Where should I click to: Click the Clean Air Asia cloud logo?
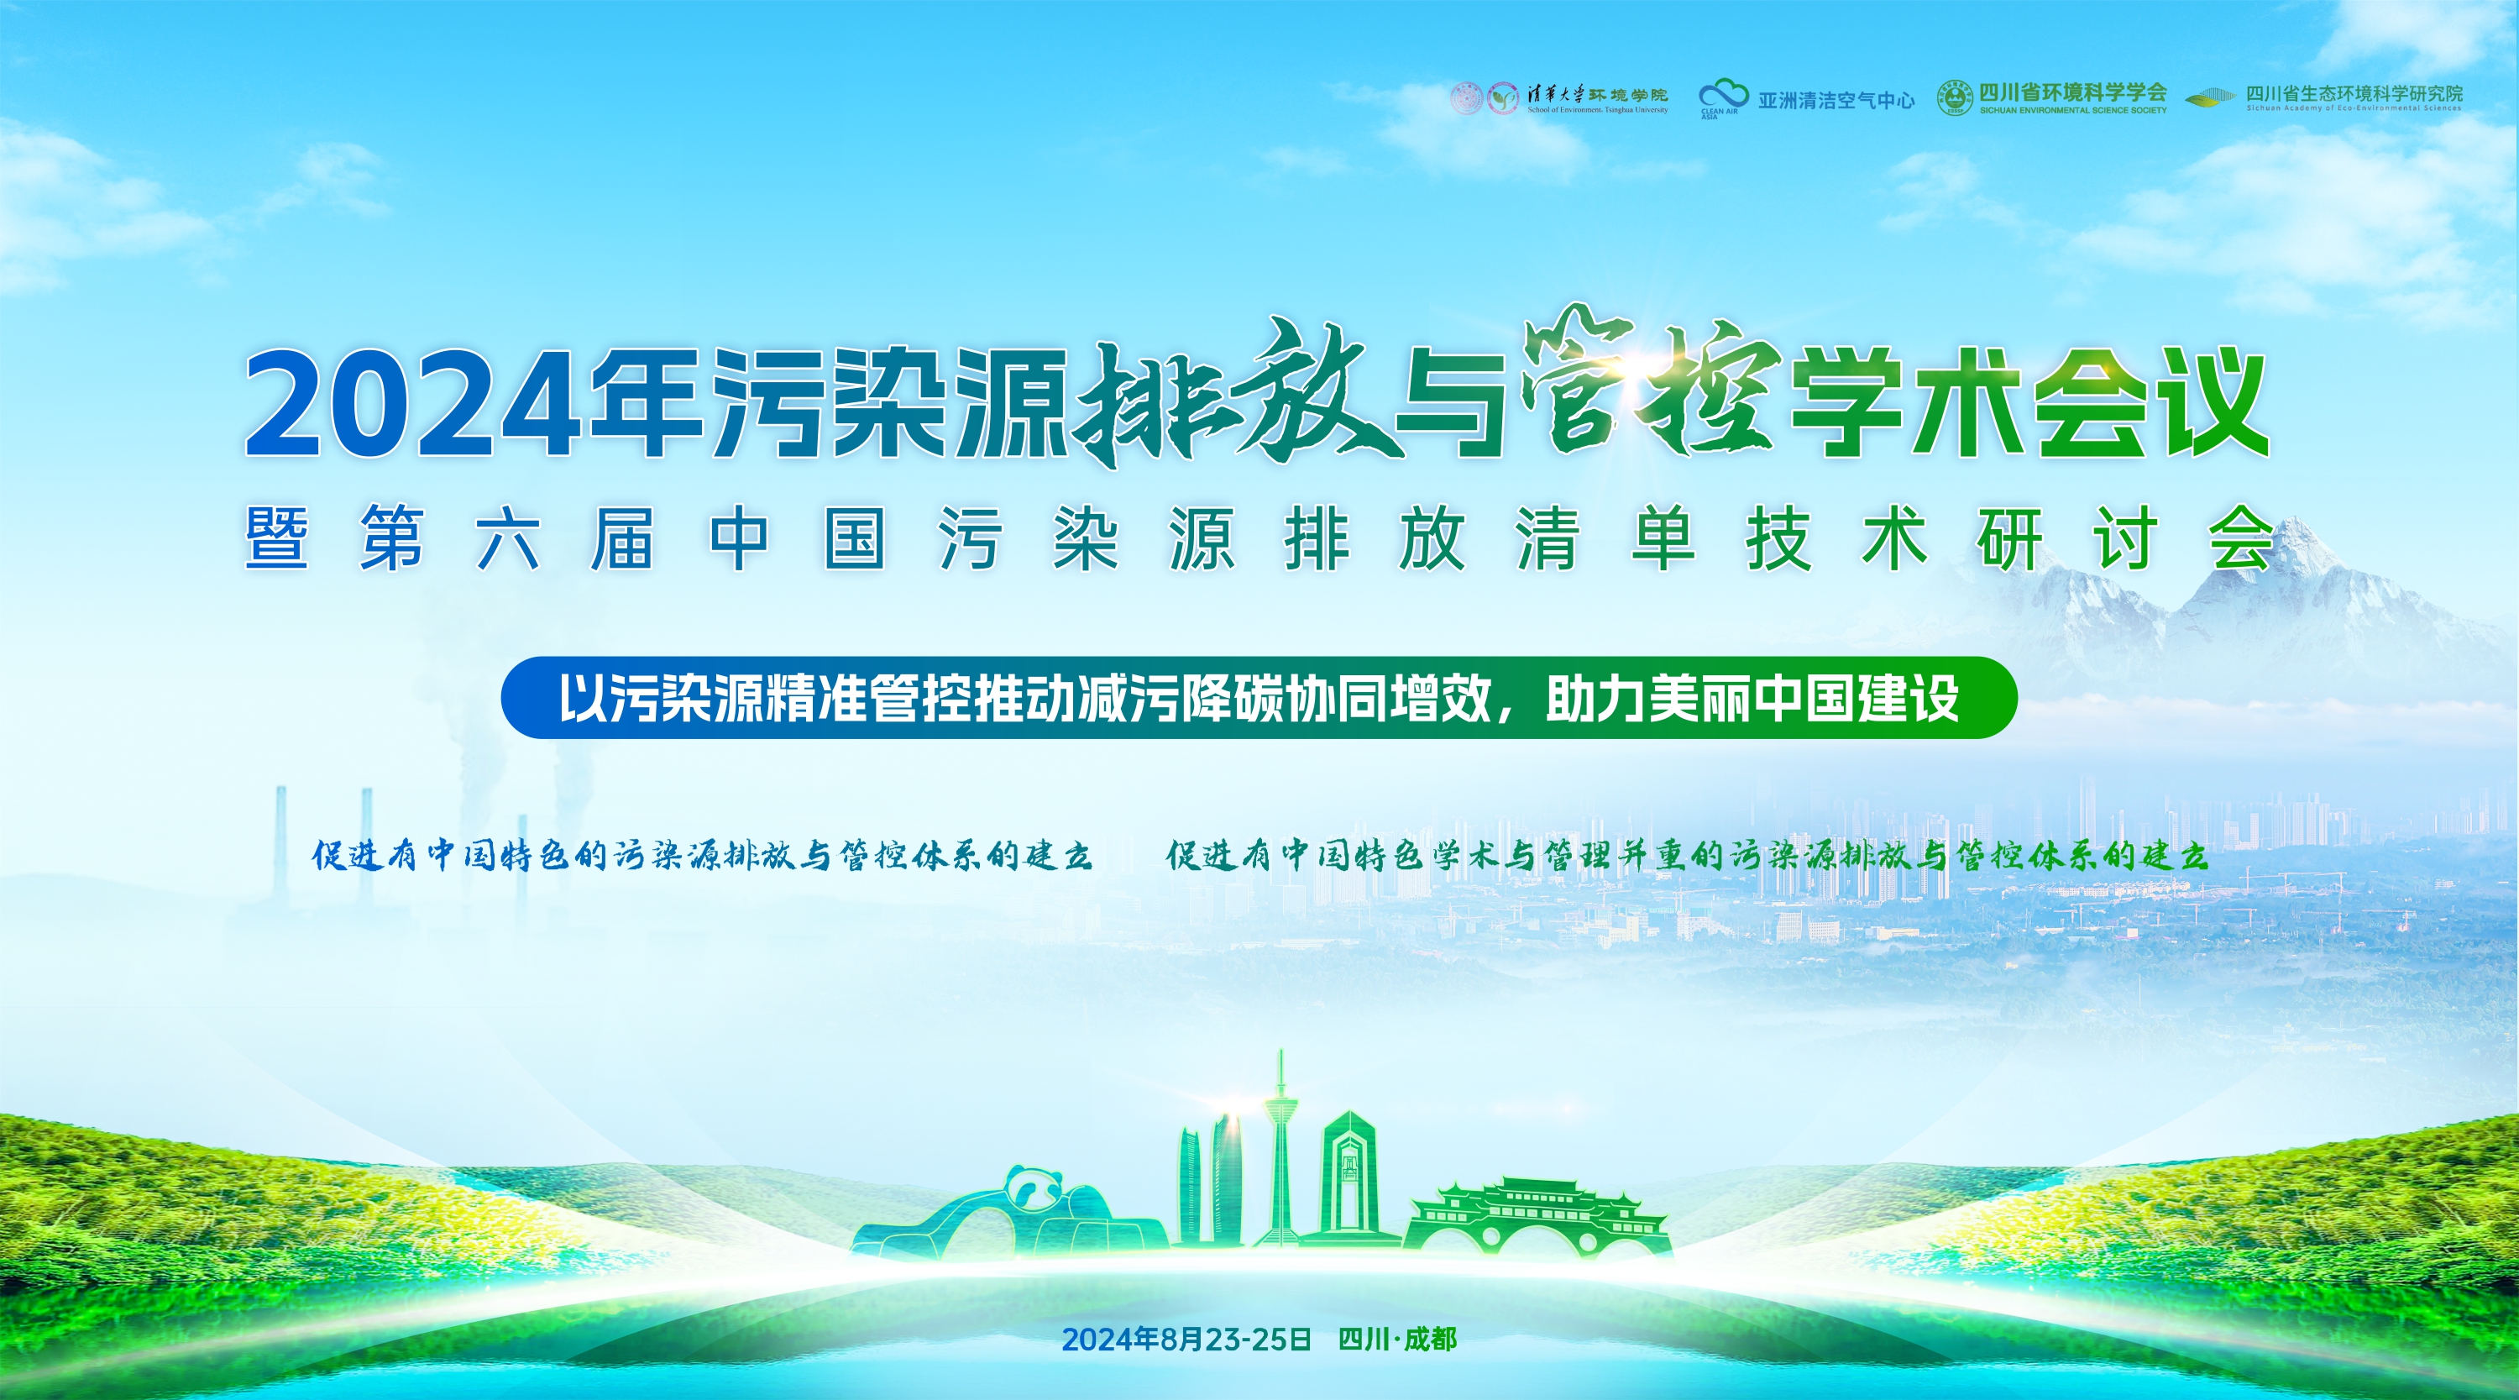(1723, 96)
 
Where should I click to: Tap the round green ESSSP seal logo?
(1955, 97)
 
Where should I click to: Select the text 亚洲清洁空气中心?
(1836, 100)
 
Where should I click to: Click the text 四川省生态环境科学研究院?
(2354, 94)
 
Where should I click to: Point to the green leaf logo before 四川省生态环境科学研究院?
(2210, 97)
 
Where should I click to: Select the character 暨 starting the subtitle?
(277, 537)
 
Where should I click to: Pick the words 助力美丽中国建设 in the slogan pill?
(1752, 699)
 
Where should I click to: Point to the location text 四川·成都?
(1397, 1340)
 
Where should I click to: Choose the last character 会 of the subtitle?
(2241, 537)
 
